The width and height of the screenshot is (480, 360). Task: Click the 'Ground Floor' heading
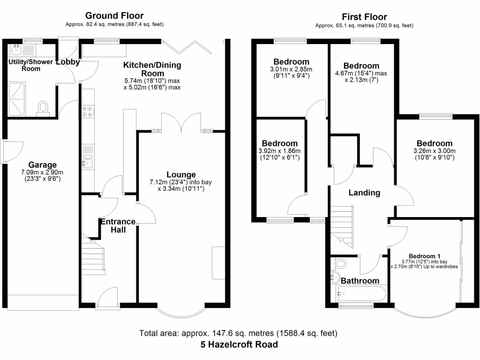[115, 16]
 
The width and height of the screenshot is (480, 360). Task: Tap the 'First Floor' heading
[364, 17]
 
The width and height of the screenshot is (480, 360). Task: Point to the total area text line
[238, 334]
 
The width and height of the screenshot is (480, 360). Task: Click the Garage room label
[43, 165]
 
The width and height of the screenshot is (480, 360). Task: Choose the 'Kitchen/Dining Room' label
[152, 69]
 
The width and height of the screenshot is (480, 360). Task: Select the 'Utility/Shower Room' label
[30, 65]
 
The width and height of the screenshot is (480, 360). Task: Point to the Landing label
[364, 193]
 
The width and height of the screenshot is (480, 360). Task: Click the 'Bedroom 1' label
[424, 256]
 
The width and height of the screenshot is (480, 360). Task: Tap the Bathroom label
[360, 281]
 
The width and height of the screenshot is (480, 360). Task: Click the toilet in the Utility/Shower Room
[44, 107]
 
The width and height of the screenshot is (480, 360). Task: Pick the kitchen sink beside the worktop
[88, 162]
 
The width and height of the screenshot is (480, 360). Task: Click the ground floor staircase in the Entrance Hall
[93, 255]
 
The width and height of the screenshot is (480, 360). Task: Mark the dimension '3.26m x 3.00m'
[434, 151]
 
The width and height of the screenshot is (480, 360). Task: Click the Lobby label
[68, 61]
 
